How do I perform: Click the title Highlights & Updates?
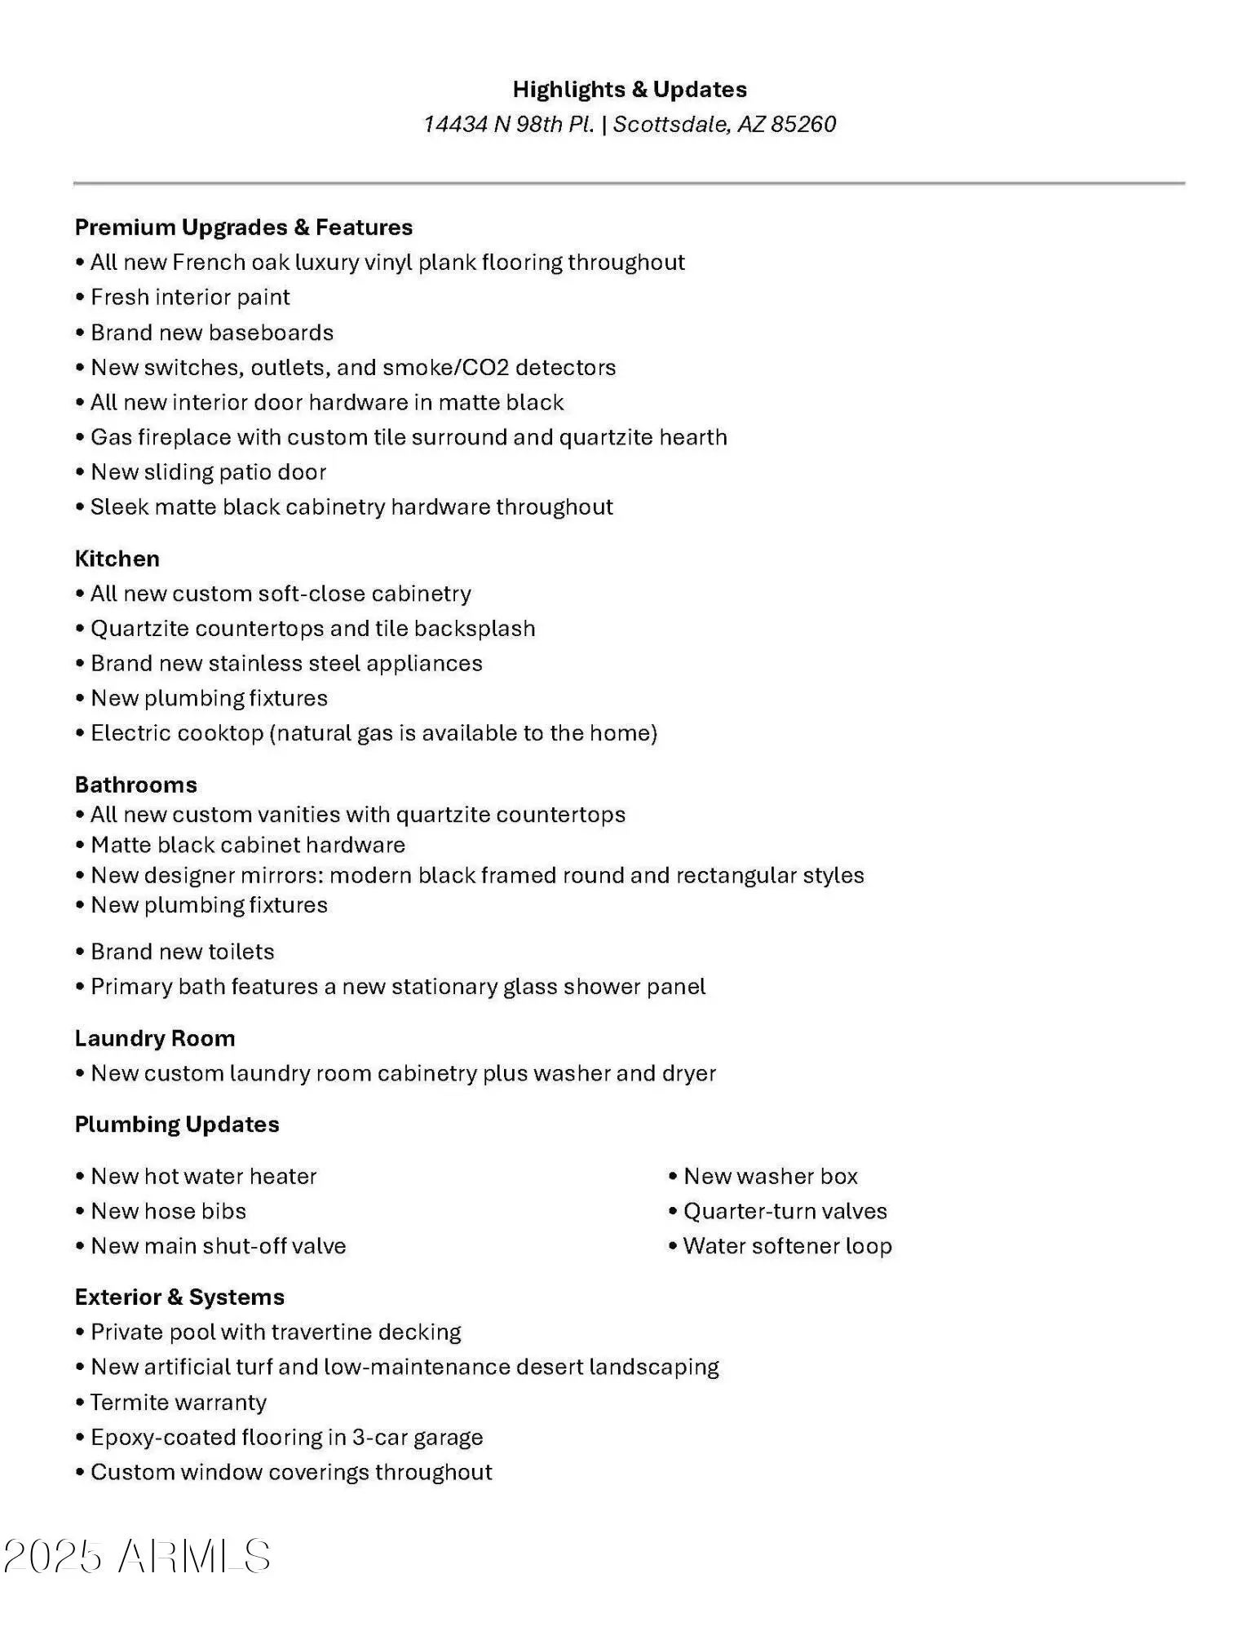[x=630, y=89]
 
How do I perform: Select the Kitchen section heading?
[x=117, y=559]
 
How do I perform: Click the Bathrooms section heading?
[x=135, y=785]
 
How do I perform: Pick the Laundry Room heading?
[x=155, y=1038]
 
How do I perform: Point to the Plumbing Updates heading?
[x=177, y=1124]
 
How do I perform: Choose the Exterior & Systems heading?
[x=179, y=1297]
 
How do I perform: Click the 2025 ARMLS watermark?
[x=137, y=1556]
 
